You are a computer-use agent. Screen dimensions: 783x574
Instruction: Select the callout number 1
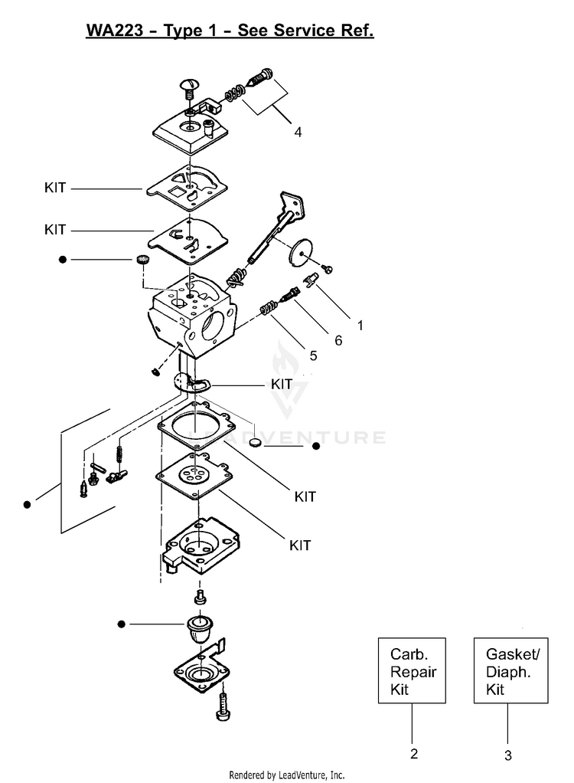360,324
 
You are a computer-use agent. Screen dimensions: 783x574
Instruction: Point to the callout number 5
313,355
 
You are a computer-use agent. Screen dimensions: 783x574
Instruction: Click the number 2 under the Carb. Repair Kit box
414,753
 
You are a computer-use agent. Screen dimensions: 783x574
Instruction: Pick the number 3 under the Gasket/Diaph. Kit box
507,755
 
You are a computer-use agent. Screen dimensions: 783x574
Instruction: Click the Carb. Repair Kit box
413,671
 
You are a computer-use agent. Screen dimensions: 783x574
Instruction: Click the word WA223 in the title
109,31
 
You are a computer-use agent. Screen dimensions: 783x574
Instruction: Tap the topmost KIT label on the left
55,187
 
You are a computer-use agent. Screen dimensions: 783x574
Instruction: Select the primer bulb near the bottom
200,628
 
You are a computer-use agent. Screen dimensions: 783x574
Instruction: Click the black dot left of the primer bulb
121,624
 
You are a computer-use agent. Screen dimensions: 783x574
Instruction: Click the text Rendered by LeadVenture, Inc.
287,774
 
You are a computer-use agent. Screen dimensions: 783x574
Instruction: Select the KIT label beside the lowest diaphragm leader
300,545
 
